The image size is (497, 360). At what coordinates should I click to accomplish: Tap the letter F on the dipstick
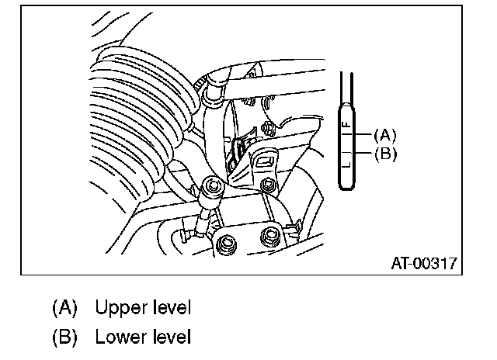[347, 123]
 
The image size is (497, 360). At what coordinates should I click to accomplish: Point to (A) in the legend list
[65, 308]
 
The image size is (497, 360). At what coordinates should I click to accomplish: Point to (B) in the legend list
[65, 338]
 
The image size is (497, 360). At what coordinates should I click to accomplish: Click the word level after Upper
[170, 308]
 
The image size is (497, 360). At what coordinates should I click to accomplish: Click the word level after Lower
[170, 338]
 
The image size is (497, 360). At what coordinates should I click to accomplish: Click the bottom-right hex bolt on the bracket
[273, 237]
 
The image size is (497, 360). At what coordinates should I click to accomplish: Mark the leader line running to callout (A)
[364, 133]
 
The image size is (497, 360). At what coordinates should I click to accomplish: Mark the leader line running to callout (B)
[364, 154]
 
